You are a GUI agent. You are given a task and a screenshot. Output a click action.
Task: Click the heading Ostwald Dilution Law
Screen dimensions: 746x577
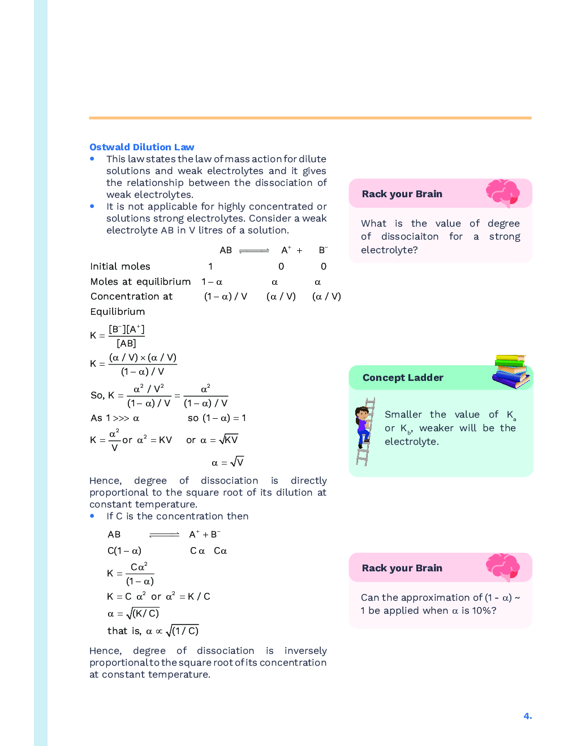[x=141, y=147]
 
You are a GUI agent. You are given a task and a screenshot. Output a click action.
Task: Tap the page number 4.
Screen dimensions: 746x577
[x=527, y=716]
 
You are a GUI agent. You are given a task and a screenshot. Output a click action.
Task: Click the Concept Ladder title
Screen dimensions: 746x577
[x=403, y=378]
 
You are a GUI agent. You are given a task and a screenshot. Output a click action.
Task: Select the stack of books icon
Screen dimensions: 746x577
[x=511, y=371]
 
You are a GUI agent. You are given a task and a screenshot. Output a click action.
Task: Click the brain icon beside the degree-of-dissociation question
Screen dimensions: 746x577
[x=502, y=193]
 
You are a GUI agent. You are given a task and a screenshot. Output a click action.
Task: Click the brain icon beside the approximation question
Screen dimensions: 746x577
[x=502, y=567]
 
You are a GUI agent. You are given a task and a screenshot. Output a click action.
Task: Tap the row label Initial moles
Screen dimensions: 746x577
[x=120, y=266]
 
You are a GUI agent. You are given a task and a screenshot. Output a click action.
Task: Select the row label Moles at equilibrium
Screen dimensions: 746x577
[x=140, y=281]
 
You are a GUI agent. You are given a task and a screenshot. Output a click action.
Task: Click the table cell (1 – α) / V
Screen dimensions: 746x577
[x=226, y=296]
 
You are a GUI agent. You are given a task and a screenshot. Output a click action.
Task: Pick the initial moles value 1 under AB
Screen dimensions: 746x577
[x=210, y=266]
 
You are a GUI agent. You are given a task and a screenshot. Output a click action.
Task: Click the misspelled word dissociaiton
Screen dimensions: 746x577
[x=410, y=236]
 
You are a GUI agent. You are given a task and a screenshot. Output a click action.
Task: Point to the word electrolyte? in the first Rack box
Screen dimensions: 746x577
[x=389, y=250]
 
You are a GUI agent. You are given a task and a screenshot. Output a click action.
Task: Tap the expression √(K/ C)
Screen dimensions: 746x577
[x=143, y=613]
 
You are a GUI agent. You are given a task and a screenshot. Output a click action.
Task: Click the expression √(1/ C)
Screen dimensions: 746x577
[x=182, y=631]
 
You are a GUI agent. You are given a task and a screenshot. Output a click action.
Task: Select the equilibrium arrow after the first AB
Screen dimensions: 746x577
[x=254, y=250]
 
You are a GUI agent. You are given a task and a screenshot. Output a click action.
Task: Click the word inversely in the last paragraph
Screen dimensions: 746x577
[x=305, y=650]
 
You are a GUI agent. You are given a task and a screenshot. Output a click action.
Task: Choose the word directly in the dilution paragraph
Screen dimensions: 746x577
[x=308, y=480]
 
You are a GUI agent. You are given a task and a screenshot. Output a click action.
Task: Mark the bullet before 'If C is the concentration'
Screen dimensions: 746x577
[x=92, y=516]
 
